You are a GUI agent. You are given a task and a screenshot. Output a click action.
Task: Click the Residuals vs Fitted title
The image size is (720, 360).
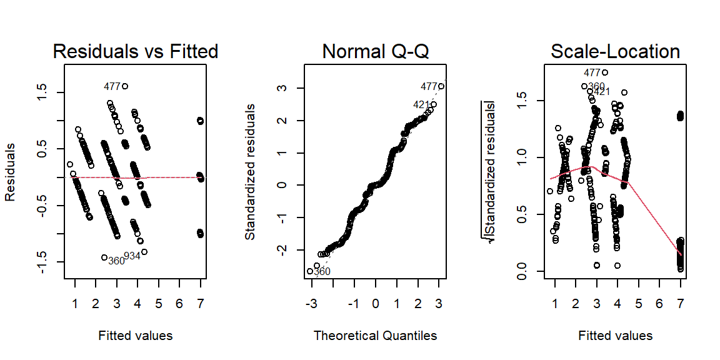pyautogui.click(x=136, y=51)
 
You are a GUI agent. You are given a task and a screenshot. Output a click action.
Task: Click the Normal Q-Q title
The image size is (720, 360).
pyautogui.click(x=375, y=51)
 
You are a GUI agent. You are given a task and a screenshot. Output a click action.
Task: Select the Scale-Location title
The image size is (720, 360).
pyautogui.click(x=615, y=51)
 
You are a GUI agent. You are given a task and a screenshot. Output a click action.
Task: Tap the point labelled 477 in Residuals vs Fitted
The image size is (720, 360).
pyautogui.click(x=125, y=86)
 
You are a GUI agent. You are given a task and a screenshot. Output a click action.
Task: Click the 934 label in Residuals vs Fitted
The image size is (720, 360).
pyautogui.click(x=132, y=256)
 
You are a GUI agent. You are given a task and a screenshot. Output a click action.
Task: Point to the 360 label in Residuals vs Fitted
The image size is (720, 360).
pyautogui.click(x=116, y=261)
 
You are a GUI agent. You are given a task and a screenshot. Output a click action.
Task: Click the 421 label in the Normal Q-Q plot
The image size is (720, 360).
pyautogui.click(x=421, y=105)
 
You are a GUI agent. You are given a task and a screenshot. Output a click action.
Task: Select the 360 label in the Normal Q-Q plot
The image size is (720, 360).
pyautogui.click(x=321, y=271)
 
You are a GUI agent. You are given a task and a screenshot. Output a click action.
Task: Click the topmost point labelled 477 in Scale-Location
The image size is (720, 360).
pyautogui.click(x=605, y=72)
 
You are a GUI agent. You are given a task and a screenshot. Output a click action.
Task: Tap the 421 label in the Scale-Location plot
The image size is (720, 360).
pyautogui.click(x=602, y=92)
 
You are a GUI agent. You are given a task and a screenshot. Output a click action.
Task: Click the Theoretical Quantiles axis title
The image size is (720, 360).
pyautogui.click(x=375, y=336)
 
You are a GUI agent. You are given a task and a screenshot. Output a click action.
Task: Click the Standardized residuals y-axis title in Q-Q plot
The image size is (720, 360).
pyautogui.click(x=250, y=171)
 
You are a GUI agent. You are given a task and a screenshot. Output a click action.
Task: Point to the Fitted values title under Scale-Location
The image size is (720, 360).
pyautogui.click(x=615, y=336)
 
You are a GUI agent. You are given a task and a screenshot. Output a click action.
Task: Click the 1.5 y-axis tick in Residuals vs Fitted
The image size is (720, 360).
pyautogui.click(x=43, y=92)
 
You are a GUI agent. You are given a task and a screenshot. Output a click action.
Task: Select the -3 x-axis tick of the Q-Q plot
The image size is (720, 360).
pyautogui.click(x=311, y=304)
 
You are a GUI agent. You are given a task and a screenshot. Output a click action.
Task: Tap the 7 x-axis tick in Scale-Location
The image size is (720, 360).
pyautogui.click(x=680, y=304)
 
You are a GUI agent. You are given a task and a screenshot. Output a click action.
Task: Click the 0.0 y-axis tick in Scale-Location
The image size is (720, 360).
pyautogui.click(x=522, y=271)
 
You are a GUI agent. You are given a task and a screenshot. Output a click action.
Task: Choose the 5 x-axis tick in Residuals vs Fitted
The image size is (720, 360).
pyautogui.click(x=159, y=304)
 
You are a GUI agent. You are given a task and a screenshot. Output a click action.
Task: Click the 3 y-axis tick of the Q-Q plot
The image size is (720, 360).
pyautogui.click(x=282, y=87)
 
